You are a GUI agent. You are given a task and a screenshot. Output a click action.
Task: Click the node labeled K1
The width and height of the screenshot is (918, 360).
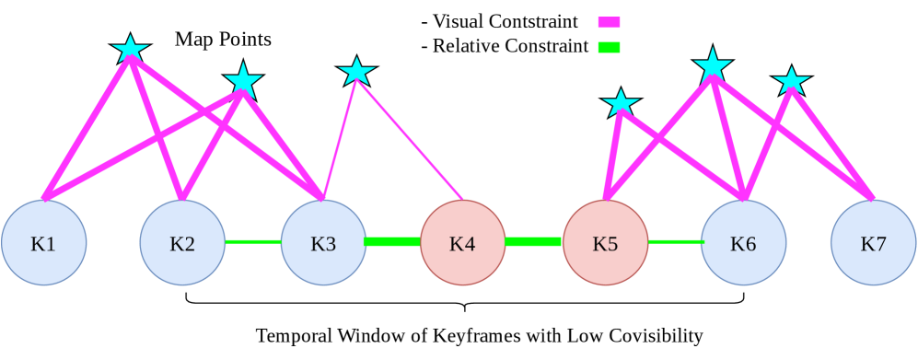click(x=44, y=243)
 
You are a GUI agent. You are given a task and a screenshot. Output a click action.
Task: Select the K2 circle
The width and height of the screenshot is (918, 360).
click(x=182, y=243)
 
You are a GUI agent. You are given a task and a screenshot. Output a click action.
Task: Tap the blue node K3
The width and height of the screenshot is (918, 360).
click(x=323, y=243)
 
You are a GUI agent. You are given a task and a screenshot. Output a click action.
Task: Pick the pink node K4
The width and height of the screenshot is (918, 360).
click(x=462, y=243)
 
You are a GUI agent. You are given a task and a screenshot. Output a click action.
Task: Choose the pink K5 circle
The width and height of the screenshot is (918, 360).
click(x=605, y=243)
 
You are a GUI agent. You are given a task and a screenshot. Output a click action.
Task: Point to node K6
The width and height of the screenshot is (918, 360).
click(x=743, y=243)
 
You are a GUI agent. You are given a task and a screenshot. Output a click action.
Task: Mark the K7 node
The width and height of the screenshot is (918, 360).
click(x=873, y=243)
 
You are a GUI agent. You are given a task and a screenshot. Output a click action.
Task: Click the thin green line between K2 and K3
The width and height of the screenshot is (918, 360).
click(x=253, y=242)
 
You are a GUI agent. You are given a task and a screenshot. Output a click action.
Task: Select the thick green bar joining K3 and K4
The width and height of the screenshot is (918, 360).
click(x=393, y=242)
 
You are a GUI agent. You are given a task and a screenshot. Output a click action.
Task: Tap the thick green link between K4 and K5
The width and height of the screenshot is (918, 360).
click(x=534, y=242)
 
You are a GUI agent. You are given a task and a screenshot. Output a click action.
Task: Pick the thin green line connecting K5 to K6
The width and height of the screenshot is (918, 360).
click(x=675, y=242)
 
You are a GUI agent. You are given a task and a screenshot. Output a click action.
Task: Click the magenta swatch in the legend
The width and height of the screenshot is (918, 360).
click(x=609, y=22)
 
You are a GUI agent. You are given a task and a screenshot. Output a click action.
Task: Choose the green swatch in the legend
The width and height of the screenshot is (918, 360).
click(x=609, y=47)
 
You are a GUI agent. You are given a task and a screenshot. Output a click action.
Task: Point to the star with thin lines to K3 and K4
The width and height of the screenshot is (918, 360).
click(x=356, y=71)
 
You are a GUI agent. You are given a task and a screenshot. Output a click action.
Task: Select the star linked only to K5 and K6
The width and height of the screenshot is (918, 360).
click(x=622, y=103)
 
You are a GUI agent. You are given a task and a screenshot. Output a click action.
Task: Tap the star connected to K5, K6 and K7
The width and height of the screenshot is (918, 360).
click(x=712, y=66)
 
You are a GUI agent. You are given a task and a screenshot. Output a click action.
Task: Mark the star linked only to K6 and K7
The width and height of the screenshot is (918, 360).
click(x=792, y=82)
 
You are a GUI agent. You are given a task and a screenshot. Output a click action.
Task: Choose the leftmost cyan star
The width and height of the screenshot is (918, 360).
click(x=131, y=50)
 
